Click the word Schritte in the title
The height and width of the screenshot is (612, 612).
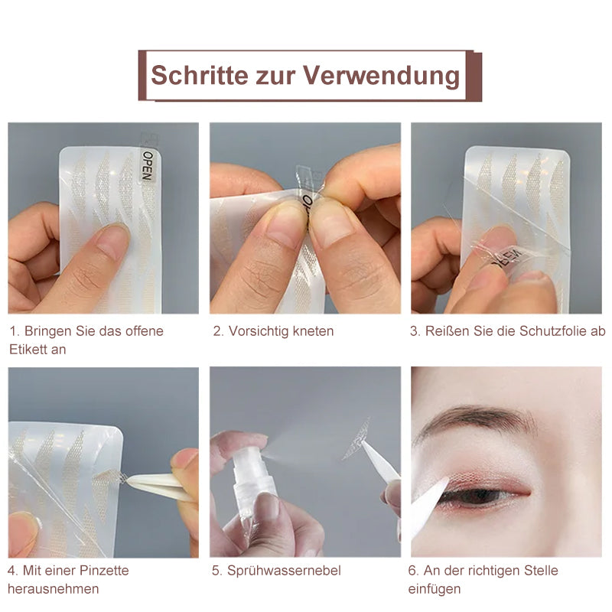[x=200, y=74]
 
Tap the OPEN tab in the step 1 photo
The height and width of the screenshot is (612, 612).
[x=147, y=165]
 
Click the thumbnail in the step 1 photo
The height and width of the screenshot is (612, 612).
[x=112, y=240]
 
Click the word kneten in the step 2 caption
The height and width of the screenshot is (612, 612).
[x=313, y=331]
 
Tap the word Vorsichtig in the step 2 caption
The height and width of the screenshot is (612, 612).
[x=258, y=331]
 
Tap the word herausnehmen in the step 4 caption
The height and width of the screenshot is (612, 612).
[x=54, y=588]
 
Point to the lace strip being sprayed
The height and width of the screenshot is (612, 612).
[x=357, y=439]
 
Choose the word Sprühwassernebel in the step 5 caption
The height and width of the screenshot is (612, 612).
[x=284, y=571]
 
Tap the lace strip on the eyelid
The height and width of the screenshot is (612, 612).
[x=484, y=476]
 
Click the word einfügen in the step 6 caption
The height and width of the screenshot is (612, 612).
[x=435, y=588]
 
